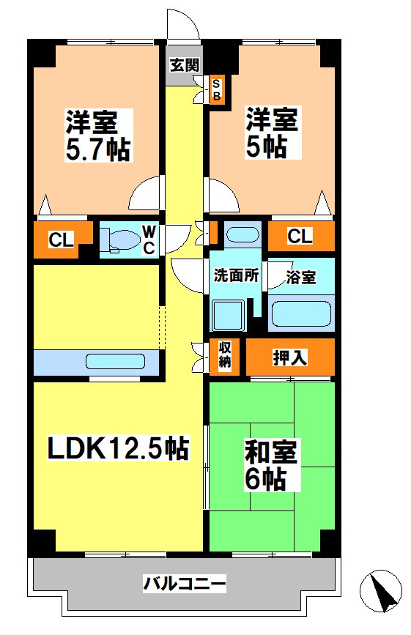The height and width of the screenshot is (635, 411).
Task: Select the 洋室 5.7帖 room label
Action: (x=98, y=135)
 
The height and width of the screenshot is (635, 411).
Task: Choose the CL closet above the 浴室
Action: (x=300, y=236)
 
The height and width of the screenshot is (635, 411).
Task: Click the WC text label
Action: (x=149, y=239)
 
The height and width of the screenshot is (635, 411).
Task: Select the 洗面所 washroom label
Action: (x=236, y=277)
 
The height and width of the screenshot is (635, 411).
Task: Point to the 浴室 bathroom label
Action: (x=301, y=278)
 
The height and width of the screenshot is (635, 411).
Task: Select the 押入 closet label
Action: (x=289, y=357)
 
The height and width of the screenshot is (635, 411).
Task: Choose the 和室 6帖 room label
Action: (x=271, y=466)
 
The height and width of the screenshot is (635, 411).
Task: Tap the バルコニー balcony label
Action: (x=184, y=584)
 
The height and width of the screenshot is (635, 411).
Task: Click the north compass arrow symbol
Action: (x=382, y=590)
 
